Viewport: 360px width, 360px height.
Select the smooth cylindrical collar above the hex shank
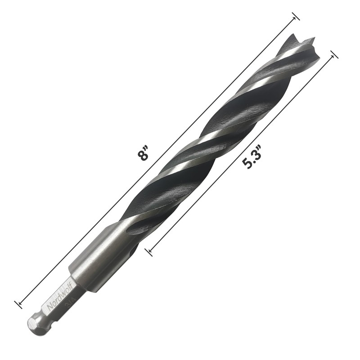(90, 270)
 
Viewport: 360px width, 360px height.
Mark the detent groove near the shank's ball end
(43, 318)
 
